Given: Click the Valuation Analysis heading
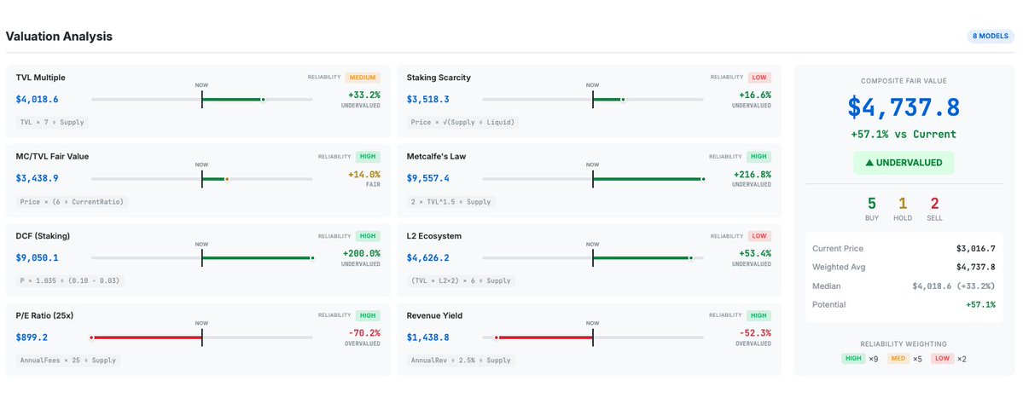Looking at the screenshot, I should [59, 37].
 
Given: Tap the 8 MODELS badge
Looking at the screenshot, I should [988, 37].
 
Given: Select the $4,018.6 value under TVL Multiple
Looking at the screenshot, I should [37, 100].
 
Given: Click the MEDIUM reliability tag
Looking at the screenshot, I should [363, 78].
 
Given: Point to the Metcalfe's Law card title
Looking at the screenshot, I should [436, 157].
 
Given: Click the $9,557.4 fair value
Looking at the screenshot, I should [427, 179].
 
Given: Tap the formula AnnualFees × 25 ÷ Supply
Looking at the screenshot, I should [67, 361].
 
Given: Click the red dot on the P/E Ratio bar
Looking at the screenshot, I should [91, 337].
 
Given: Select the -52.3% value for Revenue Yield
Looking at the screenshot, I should [754, 332].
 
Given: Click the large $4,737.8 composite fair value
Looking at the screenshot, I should [904, 108].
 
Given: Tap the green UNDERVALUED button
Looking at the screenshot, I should [904, 163].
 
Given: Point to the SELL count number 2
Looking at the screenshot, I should [935, 203].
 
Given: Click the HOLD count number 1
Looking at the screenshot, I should [904, 203].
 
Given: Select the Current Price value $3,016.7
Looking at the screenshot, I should [976, 249].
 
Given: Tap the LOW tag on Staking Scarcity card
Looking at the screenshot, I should [759, 78].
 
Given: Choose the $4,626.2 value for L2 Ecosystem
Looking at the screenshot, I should [427, 257].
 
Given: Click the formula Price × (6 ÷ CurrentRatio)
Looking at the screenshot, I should [72, 201].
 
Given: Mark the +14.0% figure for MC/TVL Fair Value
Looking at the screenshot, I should [363, 174].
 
